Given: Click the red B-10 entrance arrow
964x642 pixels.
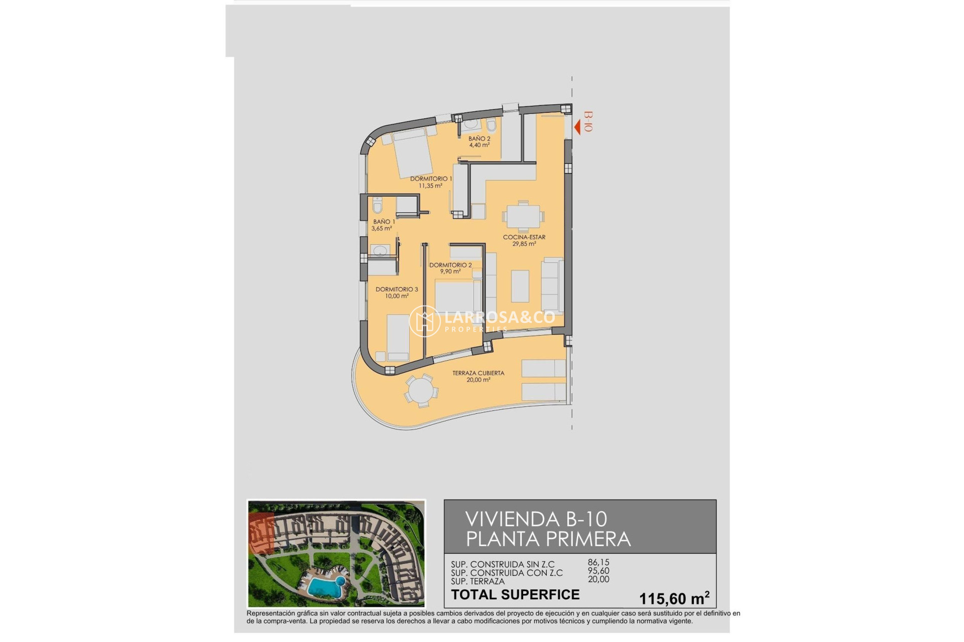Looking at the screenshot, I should [x=577, y=127].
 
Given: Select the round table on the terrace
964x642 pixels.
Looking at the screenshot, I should [x=421, y=391].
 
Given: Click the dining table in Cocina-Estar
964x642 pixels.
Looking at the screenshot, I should [x=523, y=217].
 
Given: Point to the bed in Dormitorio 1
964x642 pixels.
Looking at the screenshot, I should [x=413, y=153].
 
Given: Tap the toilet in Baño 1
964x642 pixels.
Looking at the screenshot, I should [x=378, y=205].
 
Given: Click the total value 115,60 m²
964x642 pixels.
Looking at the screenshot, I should [x=674, y=598].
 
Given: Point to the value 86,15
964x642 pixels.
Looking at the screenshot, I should [x=598, y=563].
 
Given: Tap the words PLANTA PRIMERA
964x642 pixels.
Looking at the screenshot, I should [x=548, y=539].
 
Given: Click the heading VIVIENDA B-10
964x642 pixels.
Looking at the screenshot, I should [x=536, y=519].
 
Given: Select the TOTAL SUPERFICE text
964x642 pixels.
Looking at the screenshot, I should [x=515, y=595].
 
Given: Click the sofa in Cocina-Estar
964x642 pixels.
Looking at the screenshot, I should [x=552, y=285].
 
